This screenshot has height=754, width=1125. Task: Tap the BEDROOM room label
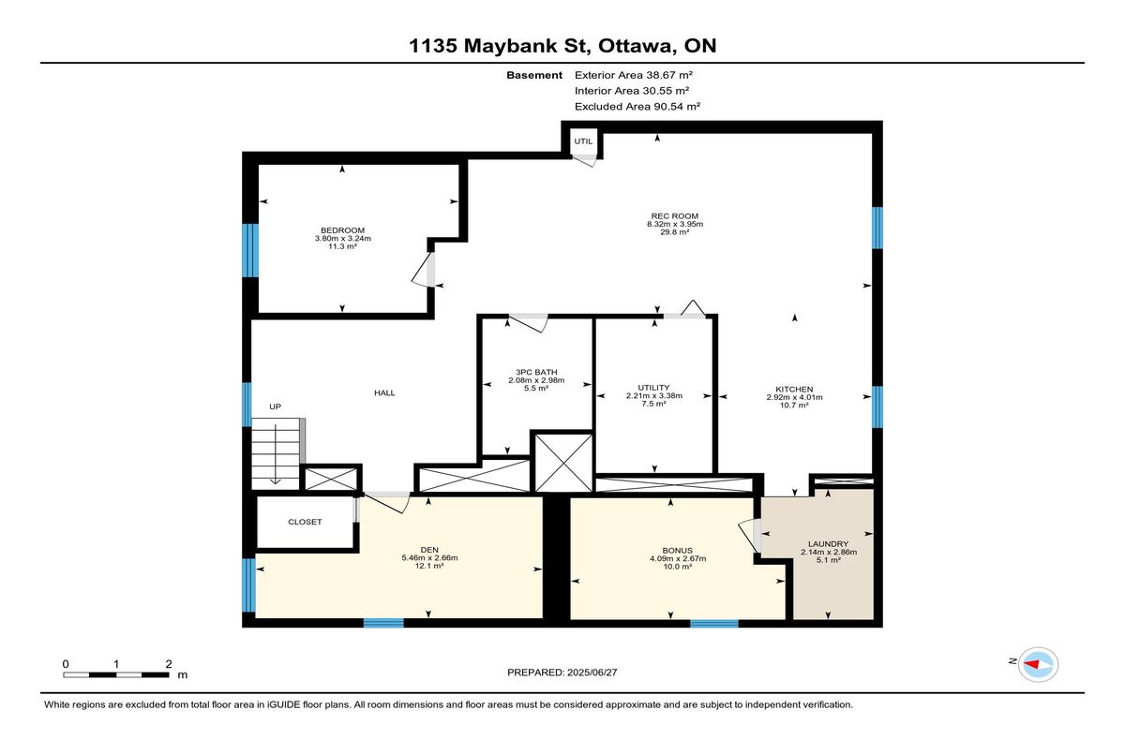point(342,230)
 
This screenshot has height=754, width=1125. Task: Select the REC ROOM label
point(674,216)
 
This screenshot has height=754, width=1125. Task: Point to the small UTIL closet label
point(583,141)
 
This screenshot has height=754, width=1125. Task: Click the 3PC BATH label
point(536,372)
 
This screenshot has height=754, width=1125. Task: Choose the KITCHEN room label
point(794,390)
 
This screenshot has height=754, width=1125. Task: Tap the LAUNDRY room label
point(828,544)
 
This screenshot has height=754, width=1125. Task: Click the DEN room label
point(429,550)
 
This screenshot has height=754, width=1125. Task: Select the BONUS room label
point(678,551)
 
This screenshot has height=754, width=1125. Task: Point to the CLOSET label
point(305,522)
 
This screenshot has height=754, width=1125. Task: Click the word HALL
point(384,392)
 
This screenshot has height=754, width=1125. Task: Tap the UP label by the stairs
point(275,407)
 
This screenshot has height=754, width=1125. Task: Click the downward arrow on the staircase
point(276,454)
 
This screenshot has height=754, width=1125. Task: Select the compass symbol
point(1038,665)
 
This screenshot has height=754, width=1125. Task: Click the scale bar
point(116,674)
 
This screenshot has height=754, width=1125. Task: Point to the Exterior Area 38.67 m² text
point(634,75)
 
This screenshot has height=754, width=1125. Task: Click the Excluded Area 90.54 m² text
point(637,107)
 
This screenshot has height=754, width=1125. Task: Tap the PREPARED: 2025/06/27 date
point(562,673)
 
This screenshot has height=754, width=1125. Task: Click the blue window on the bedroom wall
point(250,250)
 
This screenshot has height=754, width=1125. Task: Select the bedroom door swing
point(424,270)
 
